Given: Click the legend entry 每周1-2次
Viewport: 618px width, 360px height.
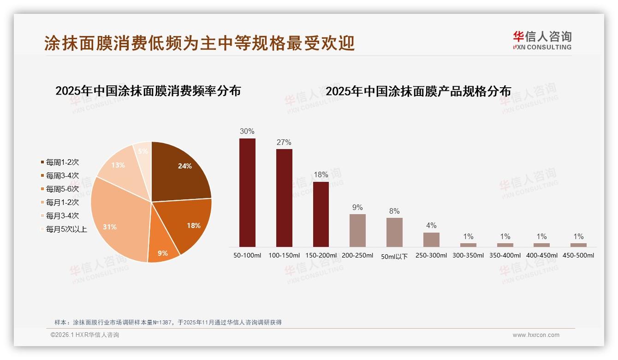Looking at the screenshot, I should (x=62, y=162).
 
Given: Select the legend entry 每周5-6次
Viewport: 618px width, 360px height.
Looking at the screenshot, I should (x=62, y=189).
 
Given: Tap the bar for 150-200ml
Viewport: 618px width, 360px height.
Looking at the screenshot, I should (x=321, y=214).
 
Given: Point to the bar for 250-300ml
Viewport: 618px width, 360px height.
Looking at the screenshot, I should (x=431, y=240).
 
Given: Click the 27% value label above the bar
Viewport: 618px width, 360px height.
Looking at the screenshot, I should (x=284, y=143).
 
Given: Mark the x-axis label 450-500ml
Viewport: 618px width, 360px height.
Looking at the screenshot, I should (x=578, y=255).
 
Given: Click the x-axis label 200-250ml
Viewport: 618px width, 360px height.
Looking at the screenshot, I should (x=357, y=255).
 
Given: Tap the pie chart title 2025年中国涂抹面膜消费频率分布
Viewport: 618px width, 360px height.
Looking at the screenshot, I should (x=148, y=91).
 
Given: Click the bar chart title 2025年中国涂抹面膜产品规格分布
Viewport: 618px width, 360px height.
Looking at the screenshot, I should (x=418, y=91).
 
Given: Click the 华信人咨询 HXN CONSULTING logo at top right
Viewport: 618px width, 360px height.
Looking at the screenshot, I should (x=542, y=40).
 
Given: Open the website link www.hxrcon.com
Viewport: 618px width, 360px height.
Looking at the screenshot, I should (x=536, y=335).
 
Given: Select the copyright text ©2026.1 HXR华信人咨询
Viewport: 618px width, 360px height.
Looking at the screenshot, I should (x=85, y=335).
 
